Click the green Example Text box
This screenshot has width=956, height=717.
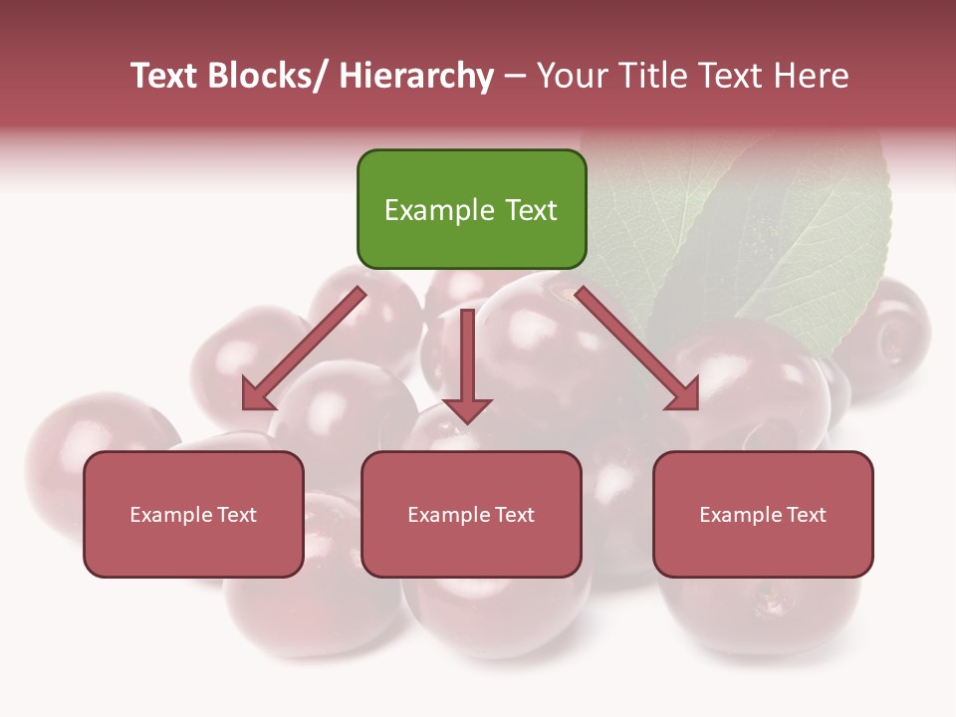(x=471, y=209)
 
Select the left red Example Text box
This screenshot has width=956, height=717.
(x=193, y=514)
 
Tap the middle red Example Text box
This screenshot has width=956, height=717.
(x=471, y=514)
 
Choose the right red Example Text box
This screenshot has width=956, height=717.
(x=763, y=514)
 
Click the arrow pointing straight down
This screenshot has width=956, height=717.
(x=467, y=363)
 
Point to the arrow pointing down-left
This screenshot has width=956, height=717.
(x=304, y=349)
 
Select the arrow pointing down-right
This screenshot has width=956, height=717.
(x=637, y=349)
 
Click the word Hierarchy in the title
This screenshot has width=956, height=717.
(x=416, y=76)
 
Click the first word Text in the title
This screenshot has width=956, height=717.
(x=164, y=76)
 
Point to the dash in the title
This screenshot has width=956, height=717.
(x=514, y=78)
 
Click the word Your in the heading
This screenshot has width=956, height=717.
(x=572, y=76)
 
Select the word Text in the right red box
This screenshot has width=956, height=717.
(x=806, y=514)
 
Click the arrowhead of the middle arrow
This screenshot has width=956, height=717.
(x=467, y=408)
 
